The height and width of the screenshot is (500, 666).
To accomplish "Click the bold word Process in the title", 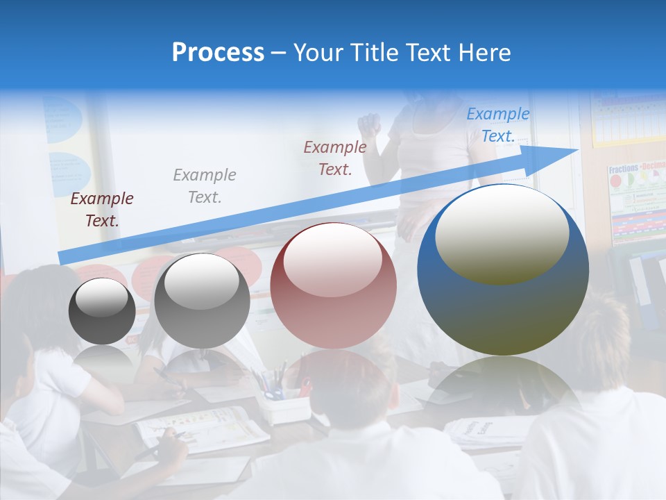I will (218, 53).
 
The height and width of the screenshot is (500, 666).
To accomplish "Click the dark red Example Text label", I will (102, 210).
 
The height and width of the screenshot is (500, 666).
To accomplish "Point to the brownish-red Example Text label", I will (335, 158).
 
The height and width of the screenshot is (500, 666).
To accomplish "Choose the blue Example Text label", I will (497, 125).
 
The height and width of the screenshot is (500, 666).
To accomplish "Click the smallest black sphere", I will (102, 311).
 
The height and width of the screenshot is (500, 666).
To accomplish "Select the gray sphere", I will (202, 301).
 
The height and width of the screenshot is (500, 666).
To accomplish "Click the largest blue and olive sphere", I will (503, 271).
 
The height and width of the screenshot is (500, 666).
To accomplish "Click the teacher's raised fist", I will (369, 125).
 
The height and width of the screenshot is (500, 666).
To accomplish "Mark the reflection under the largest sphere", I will (503, 385).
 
